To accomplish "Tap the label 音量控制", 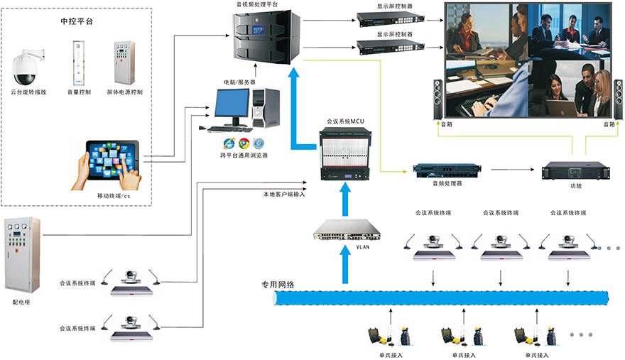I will (x=78, y=92).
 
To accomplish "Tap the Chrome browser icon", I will (x=244, y=143).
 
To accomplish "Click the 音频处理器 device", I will (x=447, y=170).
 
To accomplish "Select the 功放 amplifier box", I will (x=575, y=170).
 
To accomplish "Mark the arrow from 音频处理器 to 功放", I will (x=511, y=170).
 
